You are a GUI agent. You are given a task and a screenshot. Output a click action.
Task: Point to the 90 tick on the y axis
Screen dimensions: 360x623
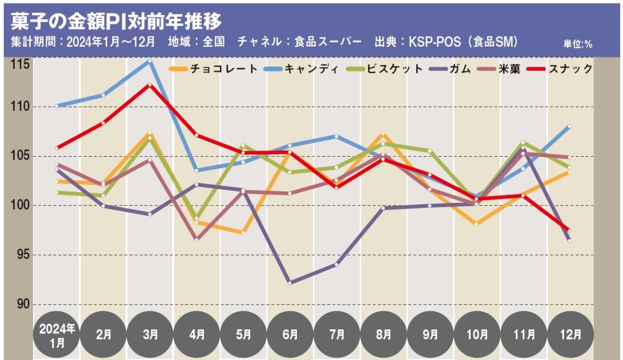pos(21,305)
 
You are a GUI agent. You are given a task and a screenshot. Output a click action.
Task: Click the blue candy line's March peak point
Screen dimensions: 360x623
pos(150,61)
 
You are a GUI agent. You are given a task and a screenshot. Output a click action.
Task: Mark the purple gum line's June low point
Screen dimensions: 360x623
pos(290,283)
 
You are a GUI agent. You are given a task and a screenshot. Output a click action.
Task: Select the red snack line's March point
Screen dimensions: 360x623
pos(150,85)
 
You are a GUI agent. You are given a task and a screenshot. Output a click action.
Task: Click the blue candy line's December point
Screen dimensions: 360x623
pos(569,126)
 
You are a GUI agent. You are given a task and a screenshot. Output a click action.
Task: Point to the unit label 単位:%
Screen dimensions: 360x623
pos(578,44)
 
